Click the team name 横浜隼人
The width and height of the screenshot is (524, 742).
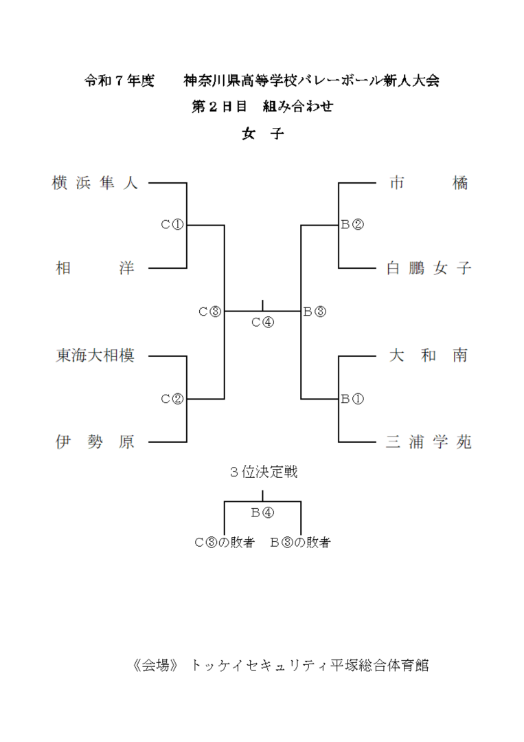pyautogui.click(x=95, y=184)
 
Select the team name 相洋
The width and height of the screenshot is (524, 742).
pyautogui.click(x=95, y=268)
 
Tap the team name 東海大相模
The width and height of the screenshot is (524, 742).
pyautogui.click(x=95, y=356)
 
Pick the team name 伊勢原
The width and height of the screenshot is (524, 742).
pyautogui.click(x=95, y=442)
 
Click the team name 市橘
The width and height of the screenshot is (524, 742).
pyautogui.click(x=429, y=184)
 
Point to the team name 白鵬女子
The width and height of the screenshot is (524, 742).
pyautogui.click(x=429, y=268)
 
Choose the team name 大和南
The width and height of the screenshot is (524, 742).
pyautogui.click(x=429, y=356)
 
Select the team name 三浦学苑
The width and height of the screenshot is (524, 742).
pyautogui.click(x=429, y=442)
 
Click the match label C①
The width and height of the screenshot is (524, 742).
pyautogui.click(x=172, y=224)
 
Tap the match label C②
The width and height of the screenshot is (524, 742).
pyautogui.click(x=172, y=399)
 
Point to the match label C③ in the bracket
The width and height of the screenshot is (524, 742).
pyautogui.click(x=210, y=312)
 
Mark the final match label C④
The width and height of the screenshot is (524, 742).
pyautogui.click(x=262, y=322)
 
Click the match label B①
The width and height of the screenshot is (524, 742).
pyautogui.click(x=352, y=399)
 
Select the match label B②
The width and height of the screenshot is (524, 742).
pyautogui.click(x=352, y=224)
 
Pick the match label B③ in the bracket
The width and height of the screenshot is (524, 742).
pyautogui.click(x=315, y=312)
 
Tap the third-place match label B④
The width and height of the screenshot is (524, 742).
pyautogui.click(x=262, y=512)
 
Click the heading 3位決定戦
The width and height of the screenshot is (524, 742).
pyautogui.click(x=263, y=472)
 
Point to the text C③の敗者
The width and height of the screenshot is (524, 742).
pyautogui.click(x=225, y=543)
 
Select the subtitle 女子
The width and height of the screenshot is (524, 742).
pyautogui.click(x=262, y=133)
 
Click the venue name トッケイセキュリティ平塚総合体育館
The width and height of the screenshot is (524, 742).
pyautogui.click(x=310, y=665)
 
